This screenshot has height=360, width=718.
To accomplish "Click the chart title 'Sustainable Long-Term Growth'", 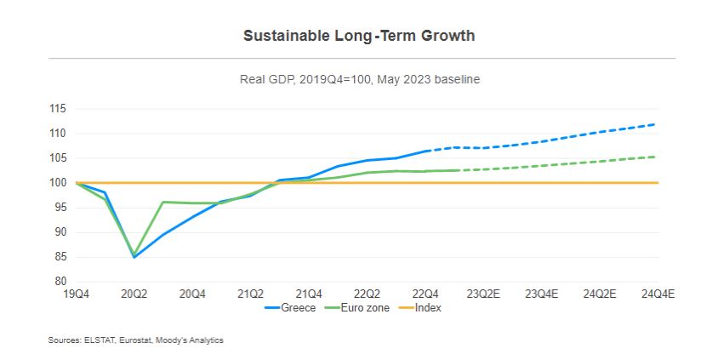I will pos(358,36).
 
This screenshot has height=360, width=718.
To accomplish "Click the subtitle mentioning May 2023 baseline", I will pos(358,79).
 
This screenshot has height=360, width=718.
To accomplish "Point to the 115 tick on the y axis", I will pos(58,109).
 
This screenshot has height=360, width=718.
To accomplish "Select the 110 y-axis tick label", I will pos(58,134).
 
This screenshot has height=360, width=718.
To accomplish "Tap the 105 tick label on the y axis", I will pos(58,158).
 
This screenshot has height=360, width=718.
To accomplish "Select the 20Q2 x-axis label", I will pos(134,294).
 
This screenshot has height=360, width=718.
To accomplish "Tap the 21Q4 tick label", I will pos(308,294).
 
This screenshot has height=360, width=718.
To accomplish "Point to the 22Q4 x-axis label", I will pos(424,294).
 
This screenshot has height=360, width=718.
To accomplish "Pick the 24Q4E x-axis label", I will pos(658,294).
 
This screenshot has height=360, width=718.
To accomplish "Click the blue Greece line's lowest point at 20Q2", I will pos(134,257).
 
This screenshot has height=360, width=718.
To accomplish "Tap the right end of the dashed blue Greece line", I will pos(655,124).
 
